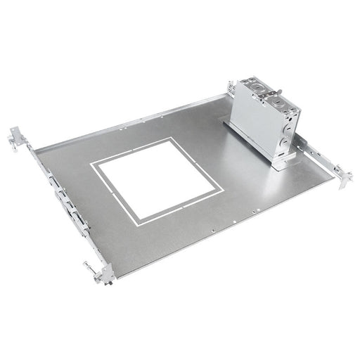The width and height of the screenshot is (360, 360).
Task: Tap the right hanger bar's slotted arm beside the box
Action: click(320, 158)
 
